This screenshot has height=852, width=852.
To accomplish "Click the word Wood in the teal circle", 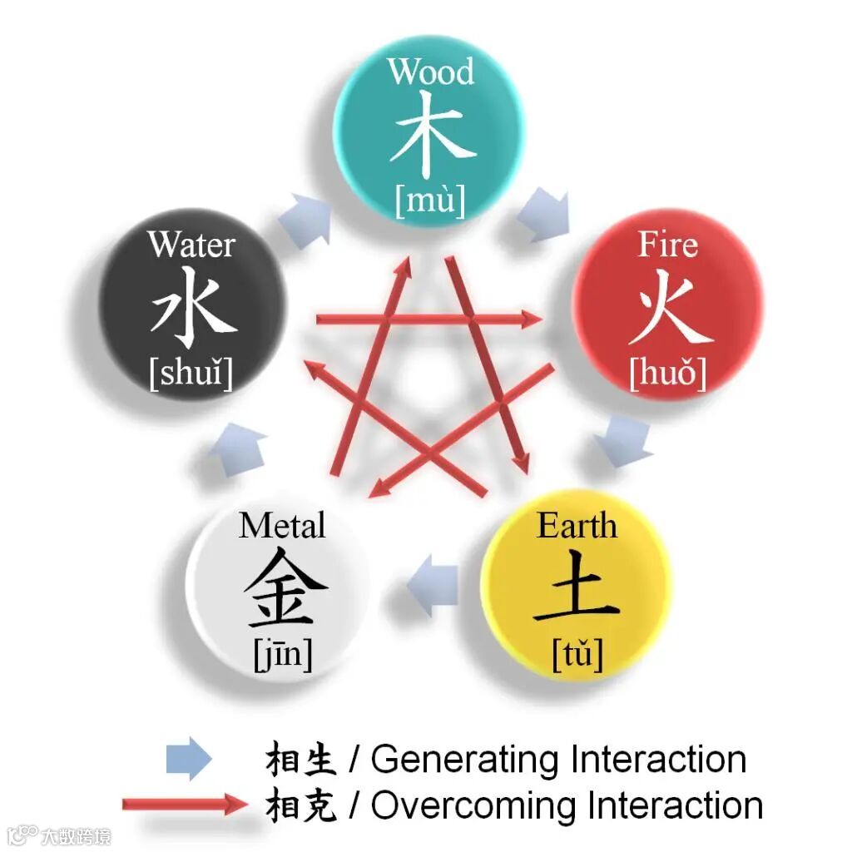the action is click(x=430, y=72).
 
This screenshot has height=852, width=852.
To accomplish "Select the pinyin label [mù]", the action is click(x=430, y=201).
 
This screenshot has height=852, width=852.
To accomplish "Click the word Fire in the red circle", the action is click(x=667, y=245).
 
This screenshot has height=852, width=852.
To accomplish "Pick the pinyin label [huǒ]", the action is click(x=668, y=374).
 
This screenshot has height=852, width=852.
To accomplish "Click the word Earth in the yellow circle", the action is click(x=577, y=526).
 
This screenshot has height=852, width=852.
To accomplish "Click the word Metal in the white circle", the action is click(x=282, y=526).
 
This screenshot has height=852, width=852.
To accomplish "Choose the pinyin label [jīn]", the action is click(x=283, y=656).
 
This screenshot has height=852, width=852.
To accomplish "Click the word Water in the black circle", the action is click(x=191, y=245).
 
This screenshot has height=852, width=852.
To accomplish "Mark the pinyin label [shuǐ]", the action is click(x=191, y=374).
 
